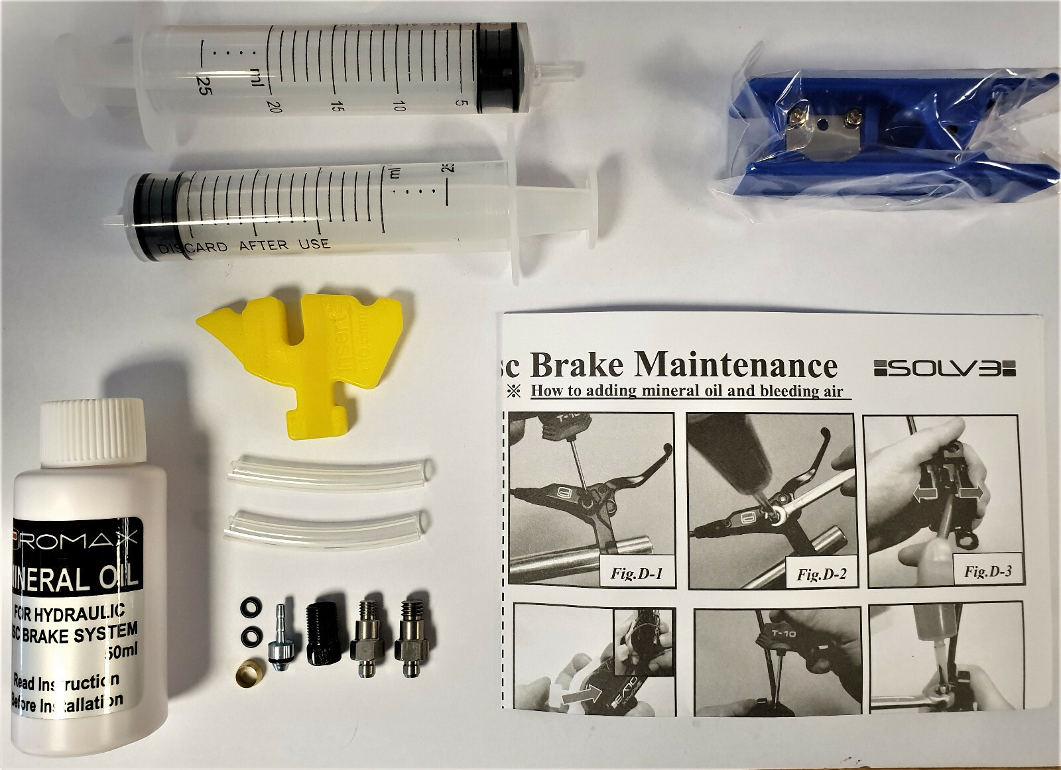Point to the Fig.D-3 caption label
click(987, 571)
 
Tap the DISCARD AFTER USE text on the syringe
click(243, 246)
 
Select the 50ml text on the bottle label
click(120, 652)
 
